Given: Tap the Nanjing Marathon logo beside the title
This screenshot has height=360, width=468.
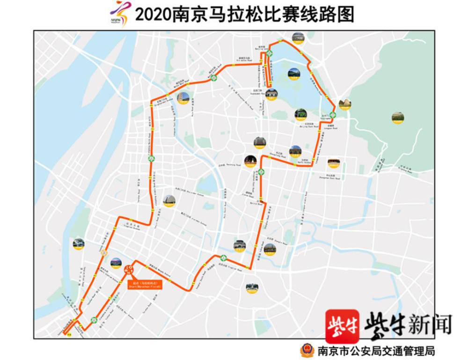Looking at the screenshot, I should click(x=119, y=14).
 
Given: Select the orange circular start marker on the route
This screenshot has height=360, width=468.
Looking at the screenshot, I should click(x=129, y=269).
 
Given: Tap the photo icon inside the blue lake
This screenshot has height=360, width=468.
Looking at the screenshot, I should click(x=293, y=74).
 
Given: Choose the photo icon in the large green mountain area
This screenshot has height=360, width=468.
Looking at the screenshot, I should click(x=398, y=118).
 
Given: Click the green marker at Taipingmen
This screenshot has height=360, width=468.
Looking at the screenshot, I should click(x=333, y=115).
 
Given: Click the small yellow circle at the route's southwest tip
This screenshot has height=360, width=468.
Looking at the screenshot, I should click(x=69, y=334).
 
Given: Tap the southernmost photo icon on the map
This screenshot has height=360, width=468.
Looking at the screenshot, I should click(x=252, y=288).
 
